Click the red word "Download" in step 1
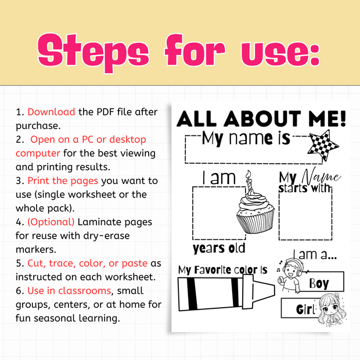coord(51,111)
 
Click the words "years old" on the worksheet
coord(218,249)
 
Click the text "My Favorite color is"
coord(222,269)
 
